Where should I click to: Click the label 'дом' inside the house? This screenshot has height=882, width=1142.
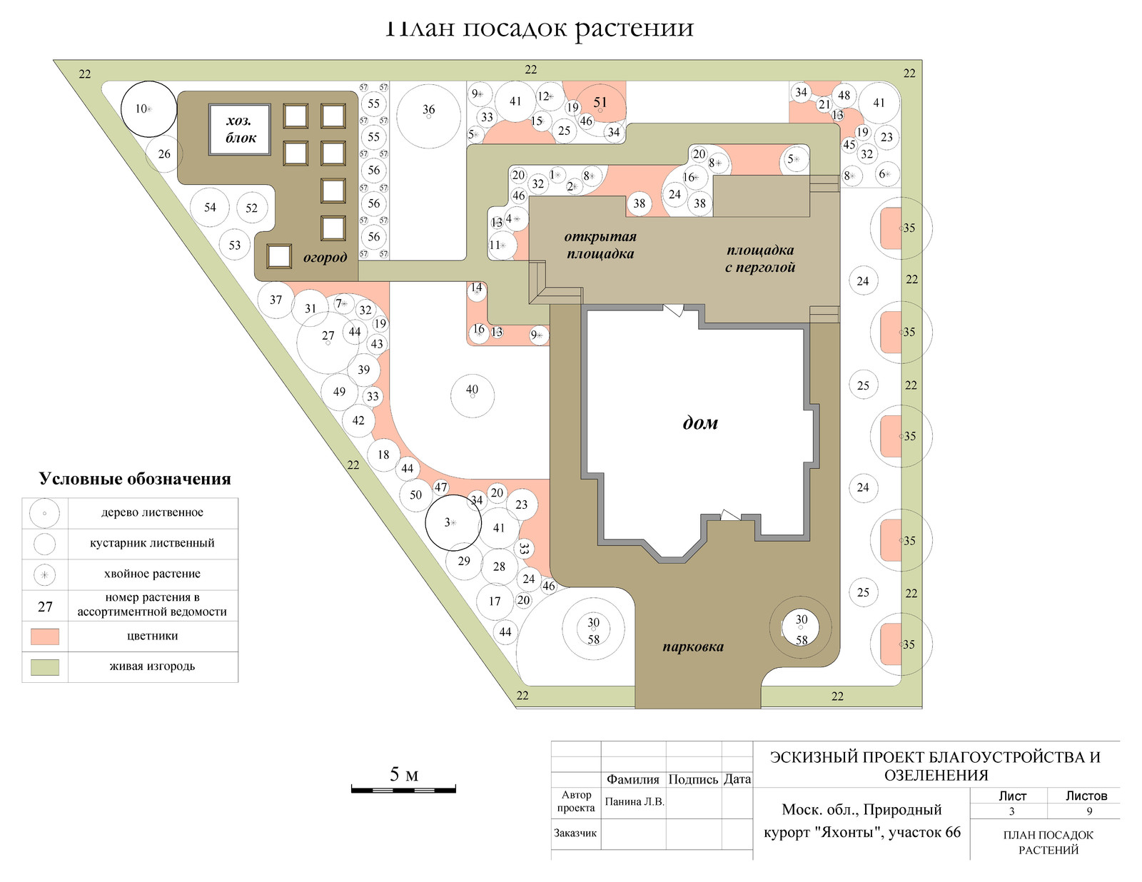click(x=700, y=423)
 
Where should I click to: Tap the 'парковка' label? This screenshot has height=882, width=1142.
click(x=692, y=647)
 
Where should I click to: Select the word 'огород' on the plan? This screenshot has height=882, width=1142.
click(x=325, y=258)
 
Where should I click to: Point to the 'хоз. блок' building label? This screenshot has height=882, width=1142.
click(x=240, y=129)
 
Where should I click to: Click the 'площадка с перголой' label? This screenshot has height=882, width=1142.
click(x=760, y=258)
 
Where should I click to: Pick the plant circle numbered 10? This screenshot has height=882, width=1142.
click(x=148, y=109)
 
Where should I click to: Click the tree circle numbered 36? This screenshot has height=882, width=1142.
click(x=428, y=116)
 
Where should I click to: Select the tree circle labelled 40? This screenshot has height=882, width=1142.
click(x=472, y=395)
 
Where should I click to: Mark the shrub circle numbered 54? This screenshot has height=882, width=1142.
click(x=210, y=208)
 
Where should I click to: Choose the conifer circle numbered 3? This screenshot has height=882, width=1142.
click(x=453, y=523)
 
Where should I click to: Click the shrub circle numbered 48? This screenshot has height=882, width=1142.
click(x=844, y=96)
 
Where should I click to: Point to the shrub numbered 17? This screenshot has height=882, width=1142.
click(x=495, y=602)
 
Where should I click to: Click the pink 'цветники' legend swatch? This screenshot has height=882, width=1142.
click(x=45, y=636)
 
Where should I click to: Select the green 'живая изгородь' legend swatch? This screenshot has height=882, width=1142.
click(x=45, y=667)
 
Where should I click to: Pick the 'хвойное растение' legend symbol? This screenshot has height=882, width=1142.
click(x=45, y=574)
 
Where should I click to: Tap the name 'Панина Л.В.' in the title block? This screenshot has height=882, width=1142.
click(x=635, y=801)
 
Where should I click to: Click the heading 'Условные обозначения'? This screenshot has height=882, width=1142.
click(x=135, y=479)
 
